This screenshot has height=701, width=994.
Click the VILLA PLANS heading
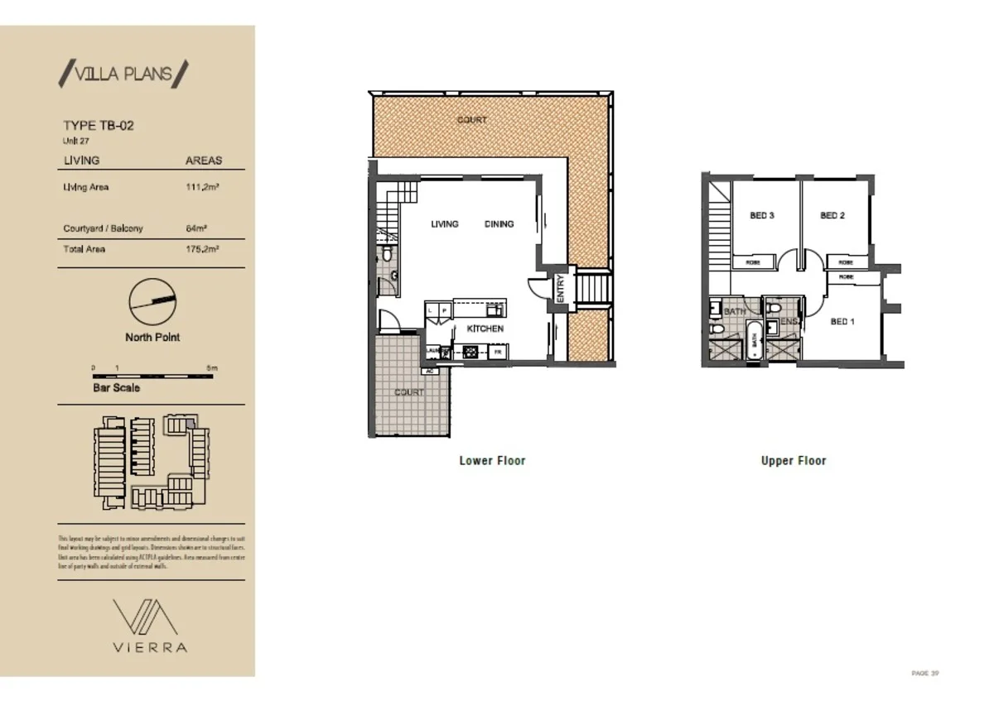(124, 74)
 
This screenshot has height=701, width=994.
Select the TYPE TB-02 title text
(99, 126)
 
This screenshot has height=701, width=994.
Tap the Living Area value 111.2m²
(202, 188)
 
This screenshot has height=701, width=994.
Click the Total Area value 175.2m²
(202, 249)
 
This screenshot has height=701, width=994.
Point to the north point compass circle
(153, 303)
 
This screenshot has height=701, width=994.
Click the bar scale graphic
(152, 377)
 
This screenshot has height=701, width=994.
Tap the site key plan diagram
(152, 462)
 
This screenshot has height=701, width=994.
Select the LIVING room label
(445, 224)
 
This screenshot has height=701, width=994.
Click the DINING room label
(499, 224)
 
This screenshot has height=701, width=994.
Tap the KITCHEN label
(485, 329)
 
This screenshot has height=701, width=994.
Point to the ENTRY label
(560, 288)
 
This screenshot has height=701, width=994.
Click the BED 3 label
(762, 216)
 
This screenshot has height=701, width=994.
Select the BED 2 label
(832, 216)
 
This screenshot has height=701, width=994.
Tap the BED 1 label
(842, 321)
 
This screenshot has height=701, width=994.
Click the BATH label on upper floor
(734, 312)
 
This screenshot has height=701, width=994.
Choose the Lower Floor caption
(492, 461)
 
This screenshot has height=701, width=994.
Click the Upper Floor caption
(794, 461)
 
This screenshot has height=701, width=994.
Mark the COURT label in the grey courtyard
(408, 392)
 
